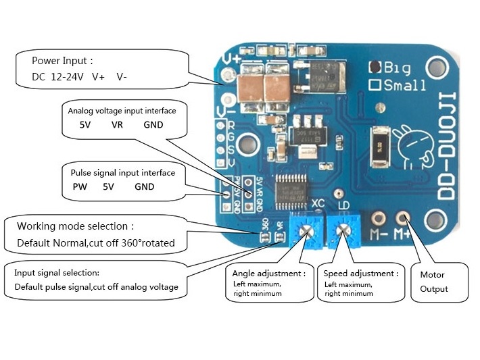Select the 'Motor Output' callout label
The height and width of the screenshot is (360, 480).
coord(433,282)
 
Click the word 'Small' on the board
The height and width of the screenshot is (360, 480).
coord(404,85)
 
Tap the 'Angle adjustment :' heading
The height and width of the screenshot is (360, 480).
coord(269,274)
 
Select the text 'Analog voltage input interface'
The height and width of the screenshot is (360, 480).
coord(126,109)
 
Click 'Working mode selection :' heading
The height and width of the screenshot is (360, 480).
coord(75,226)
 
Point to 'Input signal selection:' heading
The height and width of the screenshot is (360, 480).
coord(57,272)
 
